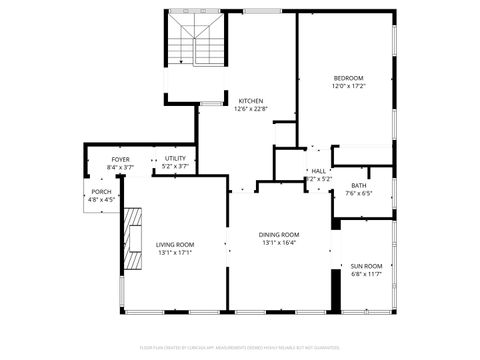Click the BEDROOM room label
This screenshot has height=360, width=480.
click(x=348, y=78)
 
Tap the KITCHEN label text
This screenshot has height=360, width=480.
click(x=250, y=101)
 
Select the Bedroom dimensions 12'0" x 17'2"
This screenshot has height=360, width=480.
click(x=348, y=86)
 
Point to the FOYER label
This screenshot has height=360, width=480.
click(x=120, y=159)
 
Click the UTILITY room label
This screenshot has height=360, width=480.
click(x=175, y=159)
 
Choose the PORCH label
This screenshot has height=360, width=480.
click(x=101, y=191)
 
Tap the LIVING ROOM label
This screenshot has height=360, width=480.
click(x=175, y=244)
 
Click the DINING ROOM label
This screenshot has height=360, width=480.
click(x=280, y=234)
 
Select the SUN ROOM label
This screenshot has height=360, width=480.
click(x=366, y=266)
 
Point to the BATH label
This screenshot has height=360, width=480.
click(x=359, y=185)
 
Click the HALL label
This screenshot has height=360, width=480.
click(x=318, y=171)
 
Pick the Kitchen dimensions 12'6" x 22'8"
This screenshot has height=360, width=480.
click(x=250, y=109)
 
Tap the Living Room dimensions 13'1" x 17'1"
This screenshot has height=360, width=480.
click(x=175, y=252)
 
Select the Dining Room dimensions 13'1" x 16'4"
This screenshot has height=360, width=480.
click(x=280, y=242)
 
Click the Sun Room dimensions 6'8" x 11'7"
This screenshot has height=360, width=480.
click(x=366, y=274)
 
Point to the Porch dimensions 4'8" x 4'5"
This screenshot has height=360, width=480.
click(x=101, y=199)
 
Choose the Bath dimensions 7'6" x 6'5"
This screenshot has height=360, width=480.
click(x=359, y=193)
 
